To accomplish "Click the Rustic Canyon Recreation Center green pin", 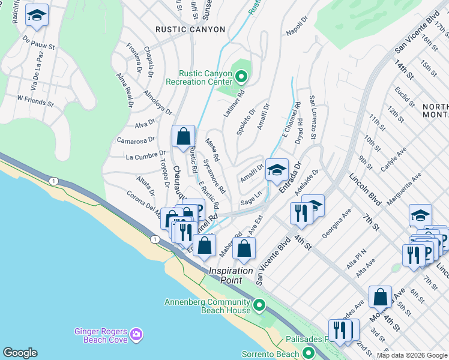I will tap(241, 77).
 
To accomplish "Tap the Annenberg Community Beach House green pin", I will tap(259, 305).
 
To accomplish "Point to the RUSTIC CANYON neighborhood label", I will tap(190, 29).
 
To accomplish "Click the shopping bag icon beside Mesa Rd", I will tap(183, 136).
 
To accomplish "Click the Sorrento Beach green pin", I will tap(309, 353).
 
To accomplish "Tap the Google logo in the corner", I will tap(20, 353).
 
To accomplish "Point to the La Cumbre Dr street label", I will tap(141, 157).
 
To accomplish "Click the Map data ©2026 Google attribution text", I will tap(412, 355).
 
